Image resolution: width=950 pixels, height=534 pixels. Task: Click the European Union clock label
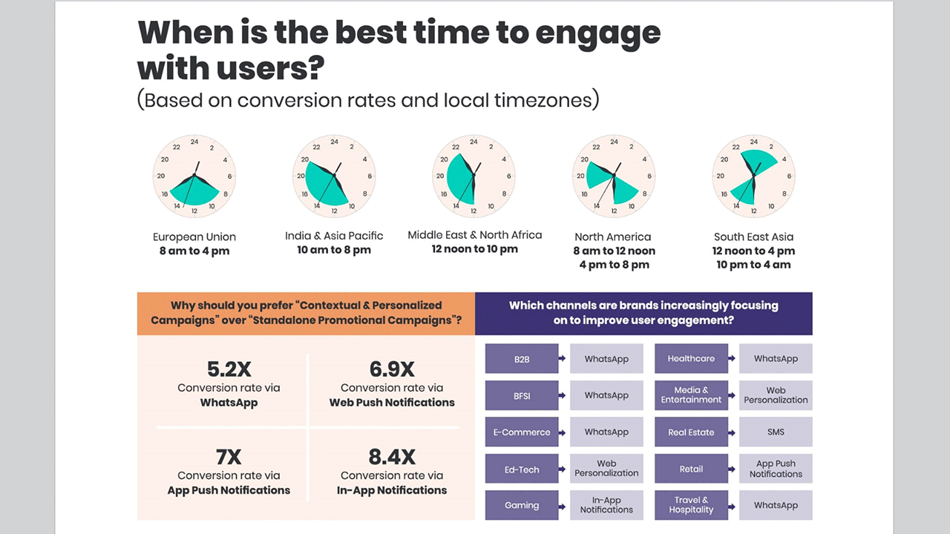pos(194,237)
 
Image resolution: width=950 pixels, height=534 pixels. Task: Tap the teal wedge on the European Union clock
pos(195,194)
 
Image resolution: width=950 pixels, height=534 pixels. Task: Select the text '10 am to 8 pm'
pos(334,250)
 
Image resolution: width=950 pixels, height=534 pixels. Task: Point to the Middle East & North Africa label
pos(474,235)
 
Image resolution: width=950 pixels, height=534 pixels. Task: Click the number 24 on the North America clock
pos(614,142)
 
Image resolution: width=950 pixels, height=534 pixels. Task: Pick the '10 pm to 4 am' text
pos(753,265)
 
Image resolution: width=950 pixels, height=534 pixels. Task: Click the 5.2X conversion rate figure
pos(229,369)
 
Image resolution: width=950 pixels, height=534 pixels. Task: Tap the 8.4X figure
pos(392,457)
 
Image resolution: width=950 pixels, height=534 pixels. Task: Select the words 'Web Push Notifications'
pos(392,403)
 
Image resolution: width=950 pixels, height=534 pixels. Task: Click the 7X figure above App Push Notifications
pos(229,457)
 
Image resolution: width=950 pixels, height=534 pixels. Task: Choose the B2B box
pos(522,358)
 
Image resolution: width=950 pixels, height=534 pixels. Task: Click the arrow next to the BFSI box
pos(562,395)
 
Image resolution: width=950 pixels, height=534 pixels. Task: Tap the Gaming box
pos(522,505)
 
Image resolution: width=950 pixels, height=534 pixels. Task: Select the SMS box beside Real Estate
pos(776,432)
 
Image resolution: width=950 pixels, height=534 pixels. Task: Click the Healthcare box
pos(691,358)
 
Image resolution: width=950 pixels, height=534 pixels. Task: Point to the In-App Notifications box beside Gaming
pos(606,505)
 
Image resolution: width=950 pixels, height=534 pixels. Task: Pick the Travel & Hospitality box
pos(691,505)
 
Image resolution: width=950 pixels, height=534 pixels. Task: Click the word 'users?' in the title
pos(270,67)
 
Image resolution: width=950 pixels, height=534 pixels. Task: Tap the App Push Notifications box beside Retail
pos(776,469)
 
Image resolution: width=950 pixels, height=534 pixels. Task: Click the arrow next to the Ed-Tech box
pos(562,469)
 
